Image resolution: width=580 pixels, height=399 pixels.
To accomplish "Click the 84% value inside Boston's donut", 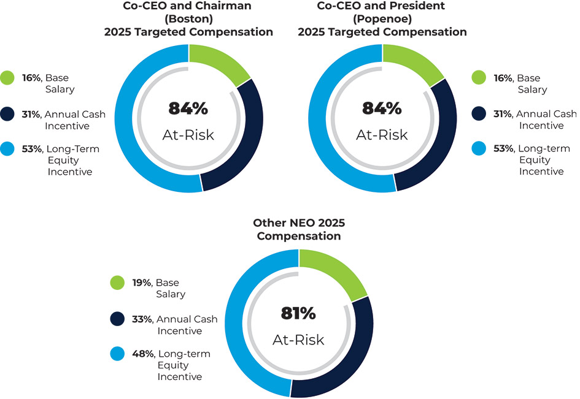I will pyautogui.click(x=188, y=109).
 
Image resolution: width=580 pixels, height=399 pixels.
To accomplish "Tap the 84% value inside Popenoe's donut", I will pyautogui.click(x=382, y=109).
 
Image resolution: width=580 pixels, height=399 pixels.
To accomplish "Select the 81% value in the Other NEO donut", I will pyautogui.click(x=298, y=314).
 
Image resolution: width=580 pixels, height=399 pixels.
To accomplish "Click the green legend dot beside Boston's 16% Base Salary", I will pyautogui.click(x=7, y=78).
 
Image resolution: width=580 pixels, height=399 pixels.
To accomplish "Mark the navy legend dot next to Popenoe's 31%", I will pyautogui.click(x=480, y=114).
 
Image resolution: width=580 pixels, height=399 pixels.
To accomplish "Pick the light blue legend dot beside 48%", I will pyautogui.click(x=117, y=354).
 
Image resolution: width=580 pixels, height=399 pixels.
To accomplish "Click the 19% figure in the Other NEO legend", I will pyautogui.click(x=143, y=283).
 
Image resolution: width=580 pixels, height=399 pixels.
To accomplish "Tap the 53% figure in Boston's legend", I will pyautogui.click(x=31, y=149).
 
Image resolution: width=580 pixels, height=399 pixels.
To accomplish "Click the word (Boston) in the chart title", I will pyautogui.click(x=188, y=19).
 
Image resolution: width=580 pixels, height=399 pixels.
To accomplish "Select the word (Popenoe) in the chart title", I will pyautogui.click(x=382, y=19).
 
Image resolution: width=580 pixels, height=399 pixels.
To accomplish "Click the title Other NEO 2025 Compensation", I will pyautogui.click(x=298, y=230).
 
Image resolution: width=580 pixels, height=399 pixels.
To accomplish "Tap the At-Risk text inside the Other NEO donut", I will pyautogui.click(x=298, y=340).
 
